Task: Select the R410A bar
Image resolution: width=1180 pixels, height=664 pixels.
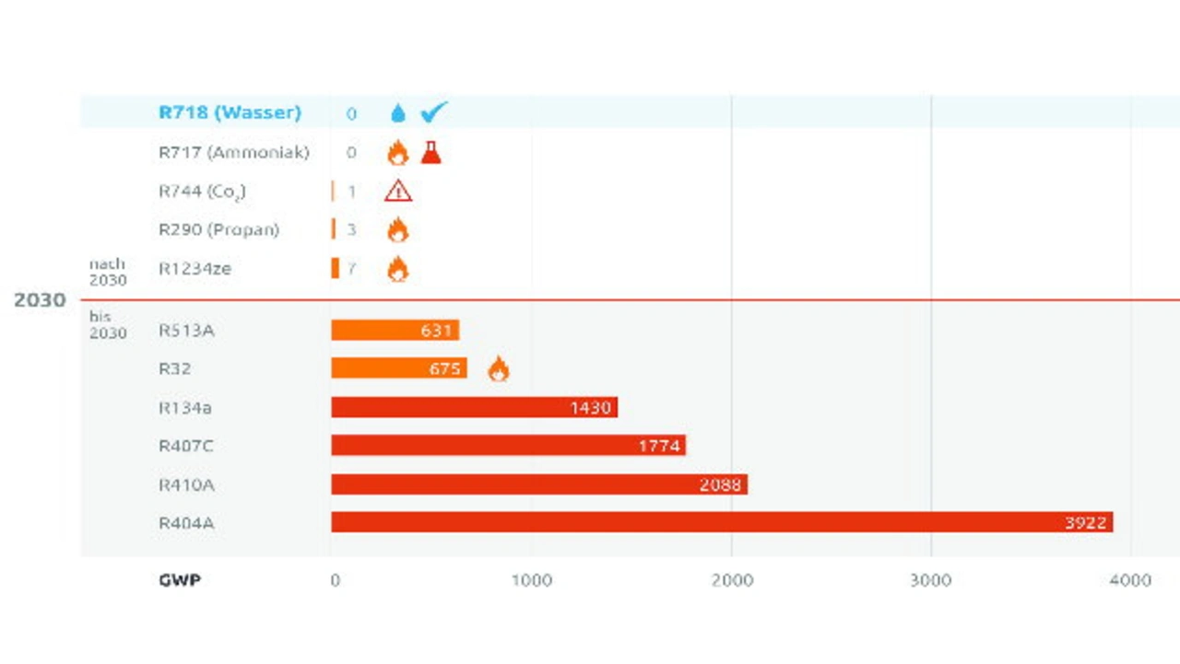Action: click(538, 484)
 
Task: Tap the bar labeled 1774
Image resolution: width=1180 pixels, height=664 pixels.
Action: click(508, 446)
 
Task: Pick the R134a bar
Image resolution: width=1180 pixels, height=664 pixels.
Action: click(474, 407)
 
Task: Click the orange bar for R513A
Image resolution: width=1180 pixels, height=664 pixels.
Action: click(395, 330)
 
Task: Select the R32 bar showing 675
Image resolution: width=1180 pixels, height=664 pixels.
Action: click(398, 368)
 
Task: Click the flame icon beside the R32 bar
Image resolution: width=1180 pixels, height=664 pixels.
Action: click(499, 368)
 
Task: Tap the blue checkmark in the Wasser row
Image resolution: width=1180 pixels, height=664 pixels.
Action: click(433, 112)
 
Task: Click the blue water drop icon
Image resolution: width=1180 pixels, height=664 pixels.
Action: click(397, 113)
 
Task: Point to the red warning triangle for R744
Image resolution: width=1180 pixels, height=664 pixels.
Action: click(398, 191)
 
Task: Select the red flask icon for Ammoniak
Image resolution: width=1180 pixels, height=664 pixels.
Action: click(431, 152)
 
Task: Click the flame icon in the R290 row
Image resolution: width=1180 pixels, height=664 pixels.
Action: click(397, 229)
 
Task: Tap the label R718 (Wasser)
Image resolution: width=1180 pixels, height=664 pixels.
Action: click(230, 112)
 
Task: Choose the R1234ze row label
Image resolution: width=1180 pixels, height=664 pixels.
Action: click(195, 269)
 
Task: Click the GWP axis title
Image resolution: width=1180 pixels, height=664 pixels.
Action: click(180, 580)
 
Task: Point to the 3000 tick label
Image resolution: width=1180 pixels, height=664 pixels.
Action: click(931, 580)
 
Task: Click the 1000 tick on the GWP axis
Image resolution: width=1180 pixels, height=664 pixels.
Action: click(532, 580)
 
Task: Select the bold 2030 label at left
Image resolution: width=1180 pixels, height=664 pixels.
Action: click(40, 299)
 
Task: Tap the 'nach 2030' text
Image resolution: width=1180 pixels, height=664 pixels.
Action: click(108, 272)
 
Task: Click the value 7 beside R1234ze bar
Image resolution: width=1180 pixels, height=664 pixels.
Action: click(351, 269)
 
